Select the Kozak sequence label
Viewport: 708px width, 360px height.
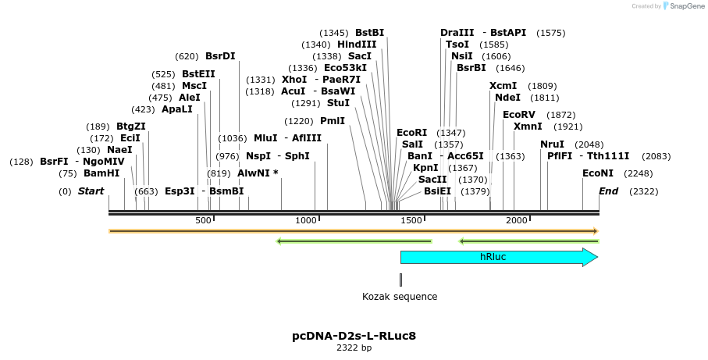(400, 297)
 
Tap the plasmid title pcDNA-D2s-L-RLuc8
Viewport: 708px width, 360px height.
(354, 337)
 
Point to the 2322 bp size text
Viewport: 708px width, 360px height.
(354, 348)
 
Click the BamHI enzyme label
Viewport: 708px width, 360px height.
(101, 173)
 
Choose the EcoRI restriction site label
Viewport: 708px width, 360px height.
(412, 133)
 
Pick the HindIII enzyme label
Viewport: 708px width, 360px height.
(357, 45)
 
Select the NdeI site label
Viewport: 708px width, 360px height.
(507, 98)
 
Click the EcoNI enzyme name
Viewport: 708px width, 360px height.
(598, 173)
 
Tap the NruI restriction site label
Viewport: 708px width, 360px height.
(552, 144)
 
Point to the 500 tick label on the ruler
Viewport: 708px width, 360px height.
(204, 221)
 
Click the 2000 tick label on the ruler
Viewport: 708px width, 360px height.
(518, 221)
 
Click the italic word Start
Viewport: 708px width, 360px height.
(91, 191)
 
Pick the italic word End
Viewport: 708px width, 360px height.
(608, 191)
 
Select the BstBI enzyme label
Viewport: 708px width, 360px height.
(370, 33)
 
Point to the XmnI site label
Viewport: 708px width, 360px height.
(528, 127)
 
